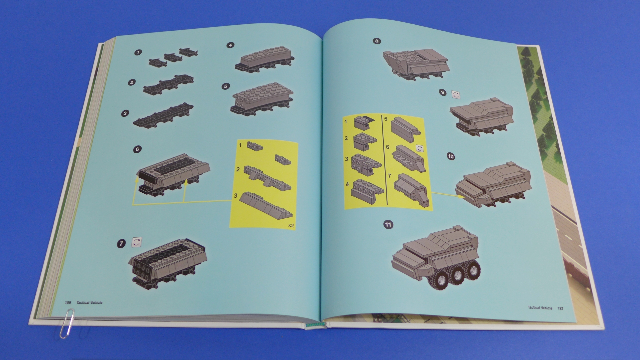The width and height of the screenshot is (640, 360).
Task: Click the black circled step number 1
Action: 138,52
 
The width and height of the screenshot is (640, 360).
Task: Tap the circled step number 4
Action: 230,45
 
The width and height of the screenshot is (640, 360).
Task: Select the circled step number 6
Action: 137,149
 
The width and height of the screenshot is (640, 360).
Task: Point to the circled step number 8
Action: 377,41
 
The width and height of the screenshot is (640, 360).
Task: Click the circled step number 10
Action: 451,156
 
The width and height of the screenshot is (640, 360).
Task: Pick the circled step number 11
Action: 388,224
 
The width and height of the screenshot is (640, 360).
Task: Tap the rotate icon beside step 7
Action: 137,242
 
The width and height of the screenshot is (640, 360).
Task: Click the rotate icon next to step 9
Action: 456,95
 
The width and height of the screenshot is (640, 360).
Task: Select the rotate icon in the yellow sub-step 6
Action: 420,148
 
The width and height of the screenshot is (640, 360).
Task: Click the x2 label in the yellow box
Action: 291,226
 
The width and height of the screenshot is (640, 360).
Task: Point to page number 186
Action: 68,303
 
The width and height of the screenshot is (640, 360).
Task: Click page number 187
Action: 560,308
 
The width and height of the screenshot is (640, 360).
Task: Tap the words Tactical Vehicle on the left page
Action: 89,303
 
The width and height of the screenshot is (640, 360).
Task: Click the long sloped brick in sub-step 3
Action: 266,205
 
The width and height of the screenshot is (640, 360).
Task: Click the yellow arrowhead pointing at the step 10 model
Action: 462,196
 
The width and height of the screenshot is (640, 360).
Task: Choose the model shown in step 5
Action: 262,99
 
